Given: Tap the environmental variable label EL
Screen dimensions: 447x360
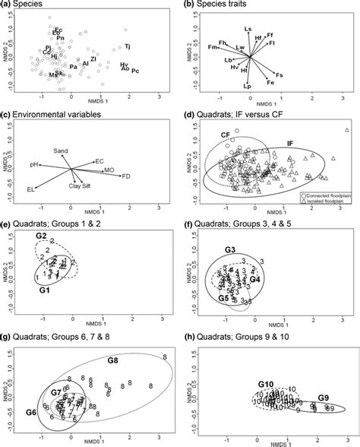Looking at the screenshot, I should (x=31, y=189).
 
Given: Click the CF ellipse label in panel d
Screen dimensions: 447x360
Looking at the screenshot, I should (x=226, y=135).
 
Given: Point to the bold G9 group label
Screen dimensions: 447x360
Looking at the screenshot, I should (x=324, y=398).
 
